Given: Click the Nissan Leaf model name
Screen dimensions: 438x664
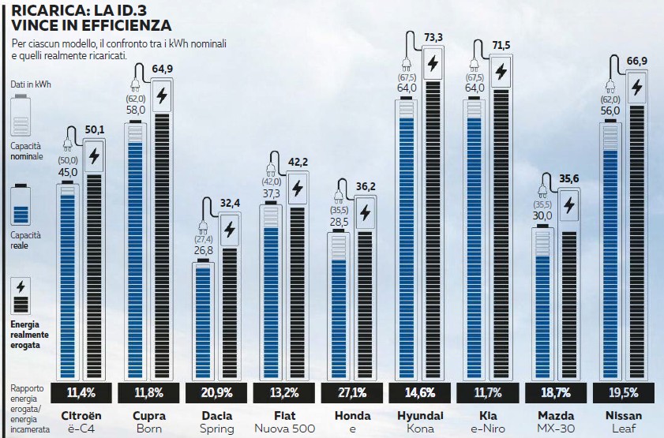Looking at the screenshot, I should (x=624, y=421).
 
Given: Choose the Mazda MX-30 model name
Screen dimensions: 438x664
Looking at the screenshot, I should (x=556, y=421).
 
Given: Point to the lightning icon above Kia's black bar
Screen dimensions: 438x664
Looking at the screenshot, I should (x=501, y=72).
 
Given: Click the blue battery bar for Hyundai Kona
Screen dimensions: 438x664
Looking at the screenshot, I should (x=407, y=245).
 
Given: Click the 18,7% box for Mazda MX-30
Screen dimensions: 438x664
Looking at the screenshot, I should (x=556, y=391).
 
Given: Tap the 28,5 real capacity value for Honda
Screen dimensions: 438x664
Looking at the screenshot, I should (x=340, y=223).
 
